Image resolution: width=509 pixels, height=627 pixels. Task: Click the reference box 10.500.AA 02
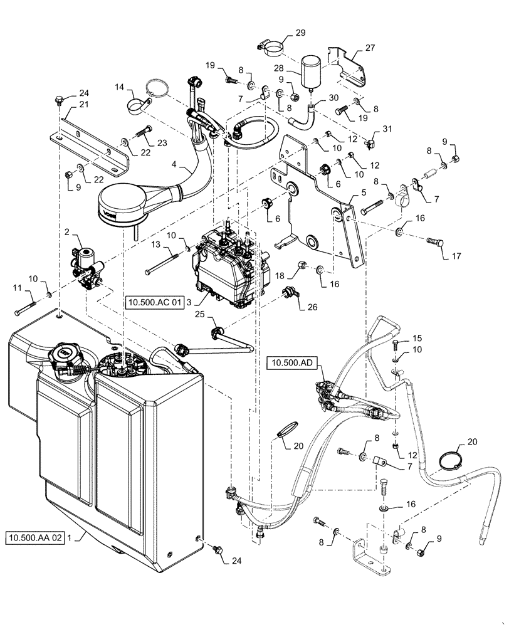click(x=35, y=538)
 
